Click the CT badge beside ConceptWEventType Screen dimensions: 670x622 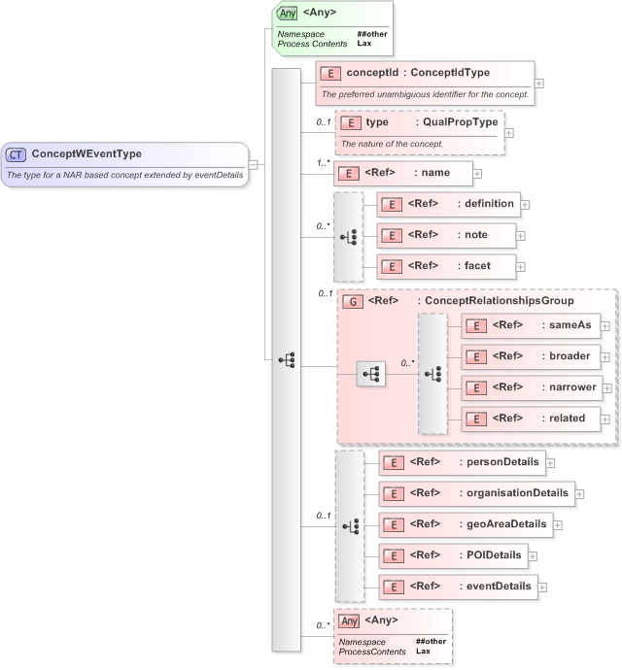[17, 154]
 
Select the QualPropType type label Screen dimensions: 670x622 [460, 122]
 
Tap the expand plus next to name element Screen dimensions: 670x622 [477, 174]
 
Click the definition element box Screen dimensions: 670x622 [448, 204]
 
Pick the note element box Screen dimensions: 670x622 [446, 235]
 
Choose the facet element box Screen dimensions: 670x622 [446, 265]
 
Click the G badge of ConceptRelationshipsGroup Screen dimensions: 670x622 [354, 301]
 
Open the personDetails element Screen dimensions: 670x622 [462, 463]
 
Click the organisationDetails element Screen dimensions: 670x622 [476, 493]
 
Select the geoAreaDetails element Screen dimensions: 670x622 [466, 525]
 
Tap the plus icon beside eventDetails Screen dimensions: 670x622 [542, 586]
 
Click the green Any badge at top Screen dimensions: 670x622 [287, 14]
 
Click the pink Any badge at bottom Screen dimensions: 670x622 [350, 620]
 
